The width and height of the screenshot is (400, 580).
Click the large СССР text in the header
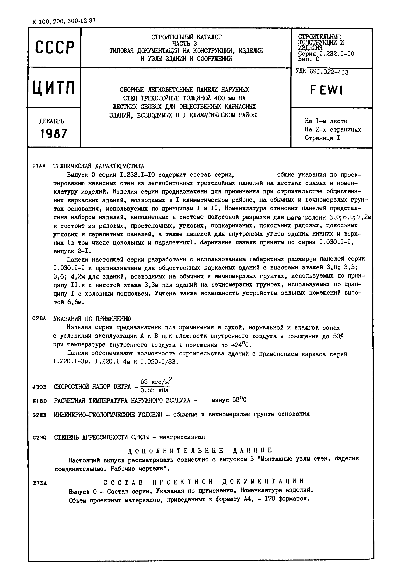(55, 48)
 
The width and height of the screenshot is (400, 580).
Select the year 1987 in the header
(54, 134)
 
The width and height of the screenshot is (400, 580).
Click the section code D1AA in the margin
(39, 166)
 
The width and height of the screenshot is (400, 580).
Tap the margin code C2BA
(39, 318)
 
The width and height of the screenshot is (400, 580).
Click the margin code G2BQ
(39, 438)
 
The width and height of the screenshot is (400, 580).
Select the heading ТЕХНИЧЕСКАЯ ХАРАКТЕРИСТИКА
(99, 166)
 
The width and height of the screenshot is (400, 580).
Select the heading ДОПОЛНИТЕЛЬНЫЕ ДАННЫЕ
(200, 450)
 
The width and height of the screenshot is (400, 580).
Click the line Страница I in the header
(322, 138)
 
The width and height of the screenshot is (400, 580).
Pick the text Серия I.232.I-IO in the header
(326, 54)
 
